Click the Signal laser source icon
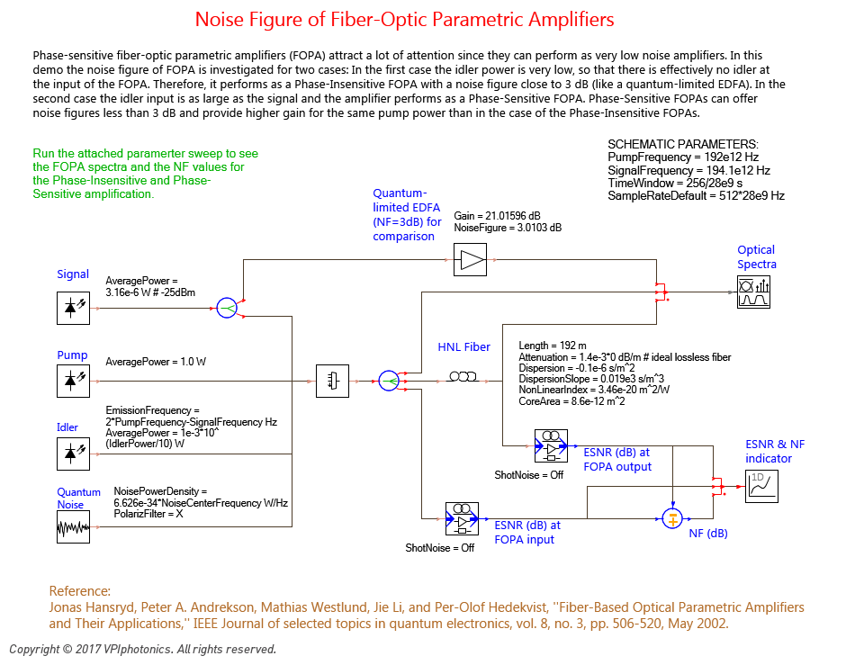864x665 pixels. [73, 307]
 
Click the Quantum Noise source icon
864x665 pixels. [73, 526]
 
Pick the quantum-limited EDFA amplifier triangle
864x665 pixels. [471, 261]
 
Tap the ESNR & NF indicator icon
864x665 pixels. [760, 486]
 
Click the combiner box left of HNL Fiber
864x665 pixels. [332, 381]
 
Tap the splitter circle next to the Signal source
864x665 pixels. [228, 307]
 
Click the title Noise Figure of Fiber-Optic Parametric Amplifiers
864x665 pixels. [405, 20]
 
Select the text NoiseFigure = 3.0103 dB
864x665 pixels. [508, 229]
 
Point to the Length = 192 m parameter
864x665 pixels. [553, 346]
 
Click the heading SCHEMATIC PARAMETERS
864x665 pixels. [683, 144]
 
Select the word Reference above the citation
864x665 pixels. [79, 591]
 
